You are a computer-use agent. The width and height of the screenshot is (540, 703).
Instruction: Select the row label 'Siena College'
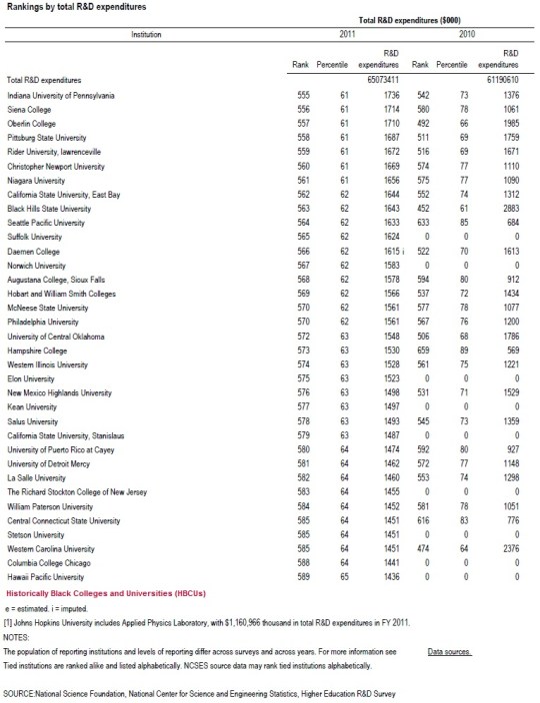(x=33, y=108)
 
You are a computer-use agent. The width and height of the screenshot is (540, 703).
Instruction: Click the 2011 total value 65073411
(x=387, y=79)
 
